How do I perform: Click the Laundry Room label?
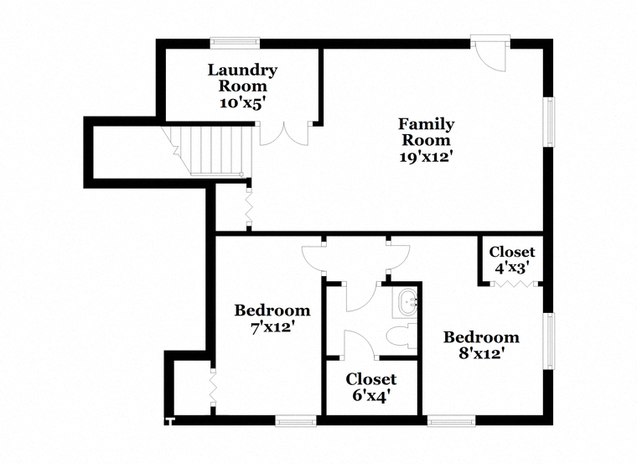click(x=242, y=86)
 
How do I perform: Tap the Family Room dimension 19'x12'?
click(x=426, y=157)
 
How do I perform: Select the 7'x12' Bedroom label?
click(x=272, y=319)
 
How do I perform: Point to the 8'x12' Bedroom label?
click(x=481, y=346)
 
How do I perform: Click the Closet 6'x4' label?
click(x=371, y=387)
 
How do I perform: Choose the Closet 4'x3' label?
click(x=512, y=260)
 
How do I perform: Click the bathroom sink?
click(x=407, y=303)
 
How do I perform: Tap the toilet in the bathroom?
click(x=401, y=336)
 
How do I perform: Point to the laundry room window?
click(x=235, y=41)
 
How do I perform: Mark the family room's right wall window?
click(x=549, y=122)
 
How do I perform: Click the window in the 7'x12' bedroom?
click(x=296, y=421)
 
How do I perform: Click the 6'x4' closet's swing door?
click(x=359, y=345)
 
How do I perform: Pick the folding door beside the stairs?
click(x=249, y=206)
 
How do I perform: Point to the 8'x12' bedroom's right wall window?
click(x=549, y=341)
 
